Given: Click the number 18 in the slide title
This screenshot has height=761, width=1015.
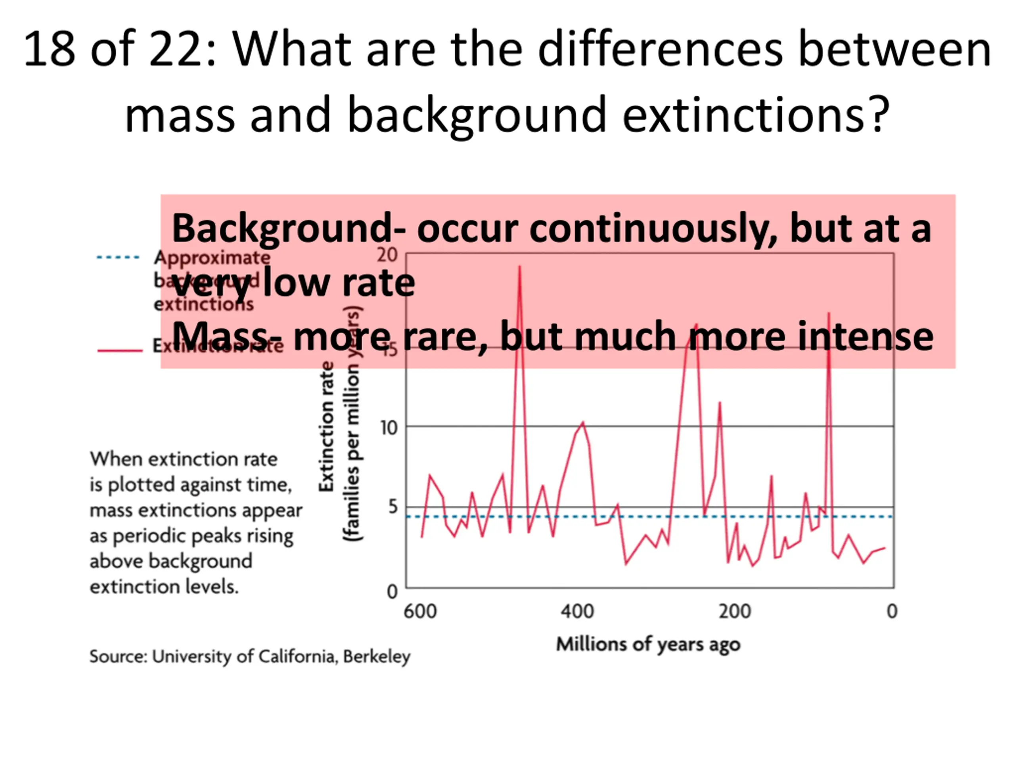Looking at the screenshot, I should pyautogui.click(x=49, y=49).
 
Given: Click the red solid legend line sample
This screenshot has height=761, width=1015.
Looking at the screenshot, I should pyautogui.click(x=120, y=350).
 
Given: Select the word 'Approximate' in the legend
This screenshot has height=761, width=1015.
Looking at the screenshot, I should pyautogui.click(x=212, y=257).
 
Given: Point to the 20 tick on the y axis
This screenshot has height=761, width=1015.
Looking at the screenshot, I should pyautogui.click(x=387, y=255).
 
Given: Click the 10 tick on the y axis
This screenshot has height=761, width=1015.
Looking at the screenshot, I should pyautogui.click(x=388, y=428).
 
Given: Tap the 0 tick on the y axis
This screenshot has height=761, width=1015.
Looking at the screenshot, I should pyautogui.click(x=392, y=592).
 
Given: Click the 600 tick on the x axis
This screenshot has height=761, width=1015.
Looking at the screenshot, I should pyautogui.click(x=420, y=612).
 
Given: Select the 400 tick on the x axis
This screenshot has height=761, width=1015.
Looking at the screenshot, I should pyautogui.click(x=577, y=612).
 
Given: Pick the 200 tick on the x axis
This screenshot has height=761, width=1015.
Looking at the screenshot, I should pyautogui.click(x=735, y=612).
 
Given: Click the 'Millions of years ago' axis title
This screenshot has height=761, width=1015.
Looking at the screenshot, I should pyautogui.click(x=648, y=644).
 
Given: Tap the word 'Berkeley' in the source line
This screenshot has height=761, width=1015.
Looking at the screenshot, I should pyautogui.click(x=376, y=657).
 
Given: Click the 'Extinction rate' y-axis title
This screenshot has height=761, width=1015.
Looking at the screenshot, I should pyautogui.click(x=326, y=426).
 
